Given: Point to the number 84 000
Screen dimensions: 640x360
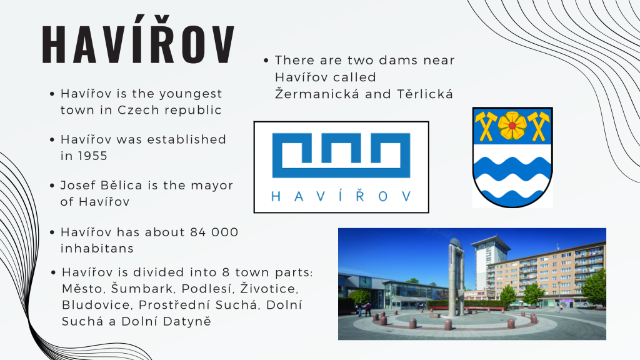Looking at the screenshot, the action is [214, 232].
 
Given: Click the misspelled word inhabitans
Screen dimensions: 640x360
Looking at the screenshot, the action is [97, 249].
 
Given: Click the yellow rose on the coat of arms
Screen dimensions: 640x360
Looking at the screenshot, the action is [512, 126].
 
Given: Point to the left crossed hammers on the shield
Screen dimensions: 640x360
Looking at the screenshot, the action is [486, 126].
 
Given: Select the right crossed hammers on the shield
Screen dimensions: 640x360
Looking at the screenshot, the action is [539, 126].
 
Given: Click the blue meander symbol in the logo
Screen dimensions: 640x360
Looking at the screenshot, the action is [341, 155].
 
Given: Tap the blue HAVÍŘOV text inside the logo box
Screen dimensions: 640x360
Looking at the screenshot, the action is [341, 197].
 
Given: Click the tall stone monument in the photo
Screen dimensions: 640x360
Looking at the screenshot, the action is [456, 277].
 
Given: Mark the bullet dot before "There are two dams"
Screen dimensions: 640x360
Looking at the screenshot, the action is [266, 61].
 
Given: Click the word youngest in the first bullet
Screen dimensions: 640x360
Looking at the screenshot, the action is [190, 94].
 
